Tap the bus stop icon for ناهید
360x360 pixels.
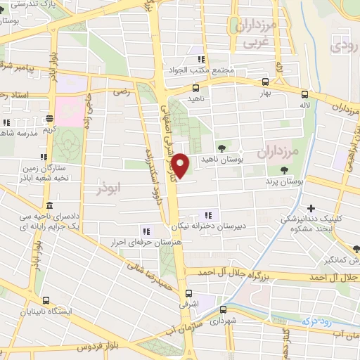pos(195,89)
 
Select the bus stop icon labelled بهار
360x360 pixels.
pos(265,81)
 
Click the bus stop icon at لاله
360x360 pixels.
pos(304,94)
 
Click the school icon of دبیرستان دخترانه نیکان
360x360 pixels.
pos(207,215)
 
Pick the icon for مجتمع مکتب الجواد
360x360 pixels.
pos(201,60)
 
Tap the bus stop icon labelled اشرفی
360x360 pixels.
pos(188,293)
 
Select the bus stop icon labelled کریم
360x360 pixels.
pos(49,119)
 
